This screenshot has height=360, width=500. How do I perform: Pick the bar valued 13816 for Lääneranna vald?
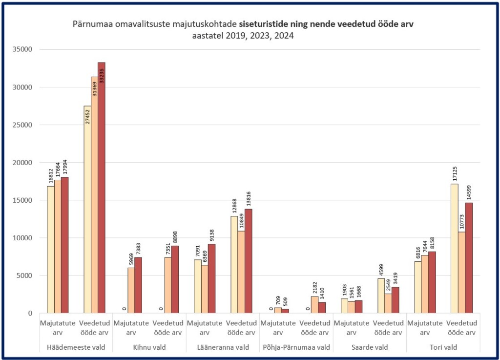point(249,261)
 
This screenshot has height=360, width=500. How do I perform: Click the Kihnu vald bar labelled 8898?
point(175,279)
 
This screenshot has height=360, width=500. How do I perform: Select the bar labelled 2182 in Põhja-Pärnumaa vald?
point(314,304)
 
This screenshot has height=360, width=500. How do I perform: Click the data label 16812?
point(50,176)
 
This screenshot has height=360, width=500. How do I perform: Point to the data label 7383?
point(138,247)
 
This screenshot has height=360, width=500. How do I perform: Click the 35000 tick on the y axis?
point(22,49)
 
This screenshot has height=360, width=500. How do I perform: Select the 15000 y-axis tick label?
point(22,200)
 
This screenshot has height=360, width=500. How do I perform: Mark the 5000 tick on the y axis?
point(24,275)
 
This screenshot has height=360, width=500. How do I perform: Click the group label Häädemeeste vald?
point(76,347)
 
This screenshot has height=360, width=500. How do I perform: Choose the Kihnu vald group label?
point(149,347)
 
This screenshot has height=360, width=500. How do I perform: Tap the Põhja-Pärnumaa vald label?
point(296,347)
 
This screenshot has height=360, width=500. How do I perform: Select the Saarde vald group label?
point(370,347)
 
